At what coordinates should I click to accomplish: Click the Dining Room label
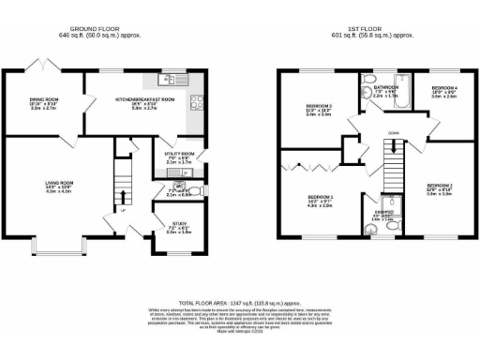[x=44, y=104]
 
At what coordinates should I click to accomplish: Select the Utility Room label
[x=180, y=157]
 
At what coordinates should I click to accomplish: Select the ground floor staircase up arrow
[x=121, y=195]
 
